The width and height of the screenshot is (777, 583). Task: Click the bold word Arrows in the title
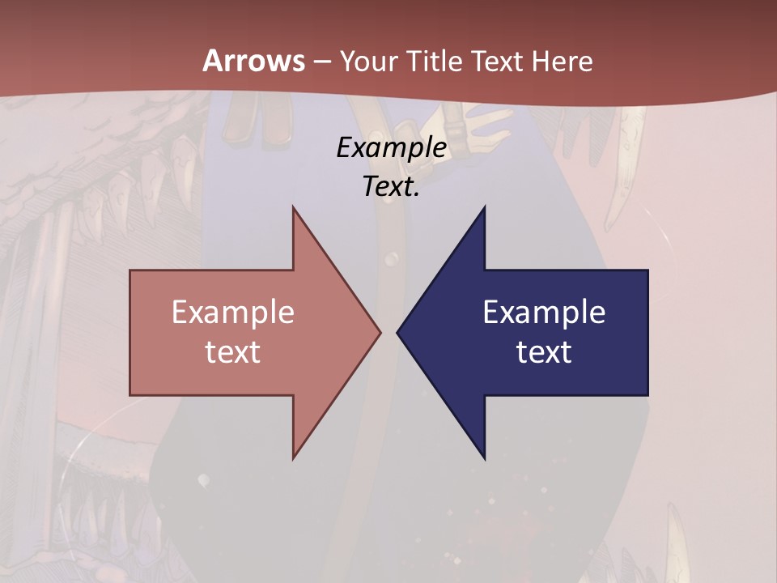[x=253, y=61]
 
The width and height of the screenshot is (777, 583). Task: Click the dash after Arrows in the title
[x=322, y=62]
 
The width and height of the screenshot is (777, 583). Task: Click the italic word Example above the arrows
[x=391, y=148]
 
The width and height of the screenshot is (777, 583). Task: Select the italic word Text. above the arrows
[x=391, y=186]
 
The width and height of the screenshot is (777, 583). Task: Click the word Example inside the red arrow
[x=233, y=312]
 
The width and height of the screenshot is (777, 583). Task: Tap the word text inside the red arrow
[x=233, y=351]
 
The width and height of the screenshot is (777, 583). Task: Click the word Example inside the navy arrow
[x=544, y=312]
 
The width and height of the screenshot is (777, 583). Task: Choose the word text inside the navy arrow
[x=544, y=351]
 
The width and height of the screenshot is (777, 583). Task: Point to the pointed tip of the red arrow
[x=379, y=332]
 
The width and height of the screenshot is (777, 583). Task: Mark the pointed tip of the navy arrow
[x=398, y=332]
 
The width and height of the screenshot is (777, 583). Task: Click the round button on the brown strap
[x=392, y=259]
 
